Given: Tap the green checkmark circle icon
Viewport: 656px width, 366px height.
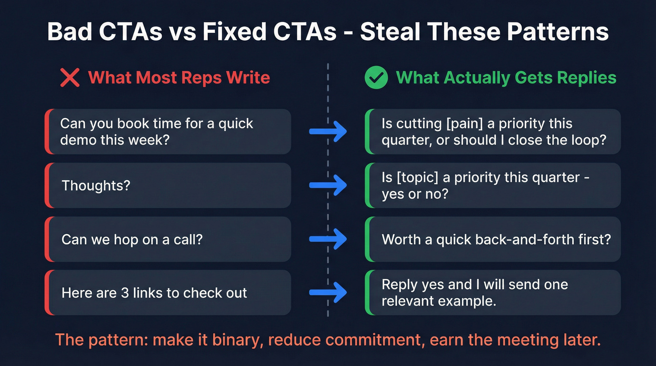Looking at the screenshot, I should coord(376,77).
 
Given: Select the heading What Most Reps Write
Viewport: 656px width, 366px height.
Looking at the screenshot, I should coord(179,77).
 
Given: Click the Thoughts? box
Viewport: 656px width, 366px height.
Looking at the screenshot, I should coord(169,185).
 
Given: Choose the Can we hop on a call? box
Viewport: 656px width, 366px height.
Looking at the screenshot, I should coord(169,239).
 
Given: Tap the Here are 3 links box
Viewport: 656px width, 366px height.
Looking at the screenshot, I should coord(169,293).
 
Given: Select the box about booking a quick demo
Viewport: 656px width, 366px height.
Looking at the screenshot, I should coord(169,132).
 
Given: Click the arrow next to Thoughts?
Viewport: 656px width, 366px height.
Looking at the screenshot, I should coord(328,186).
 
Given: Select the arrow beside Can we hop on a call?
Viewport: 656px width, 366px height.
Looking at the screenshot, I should coord(328,239).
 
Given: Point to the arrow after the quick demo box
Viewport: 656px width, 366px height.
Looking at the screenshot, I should coord(328,132).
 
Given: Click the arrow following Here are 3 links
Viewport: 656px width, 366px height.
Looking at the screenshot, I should coord(328,293).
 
